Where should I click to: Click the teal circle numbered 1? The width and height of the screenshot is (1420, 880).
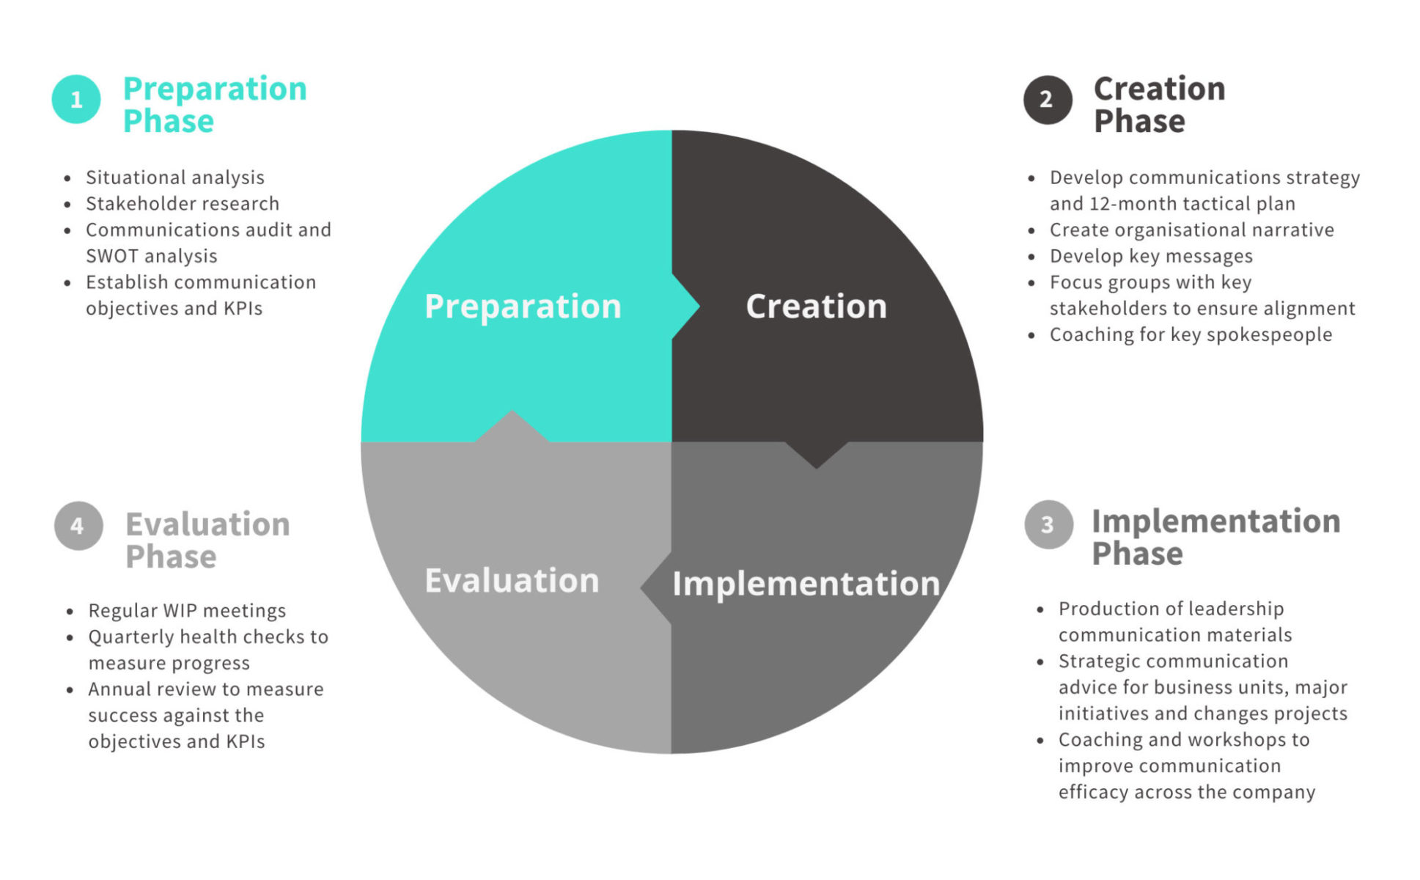tap(76, 99)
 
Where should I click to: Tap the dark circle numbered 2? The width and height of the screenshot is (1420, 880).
tap(1048, 100)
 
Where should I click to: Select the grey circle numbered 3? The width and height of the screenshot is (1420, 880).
tap(1048, 525)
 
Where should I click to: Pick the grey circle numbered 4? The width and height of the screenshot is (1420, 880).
tap(78, 526)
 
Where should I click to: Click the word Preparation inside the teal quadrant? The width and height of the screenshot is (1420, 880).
tap(523, 307)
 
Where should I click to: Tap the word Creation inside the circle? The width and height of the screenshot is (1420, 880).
tap(816, 307)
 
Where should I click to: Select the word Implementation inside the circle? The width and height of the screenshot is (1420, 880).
tap(806, 584)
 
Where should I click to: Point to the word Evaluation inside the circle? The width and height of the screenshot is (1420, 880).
tap(512, 580)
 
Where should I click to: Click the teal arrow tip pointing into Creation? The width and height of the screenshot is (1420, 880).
tap(699, 307)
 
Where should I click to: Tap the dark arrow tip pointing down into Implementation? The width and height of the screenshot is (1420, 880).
tap(816, 467)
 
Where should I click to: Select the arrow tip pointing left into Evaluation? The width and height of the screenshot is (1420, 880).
tap(641, 587)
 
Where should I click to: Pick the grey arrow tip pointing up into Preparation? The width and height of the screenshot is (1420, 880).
tap(512, 411)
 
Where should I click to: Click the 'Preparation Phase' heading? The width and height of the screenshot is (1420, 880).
tap(215, 104)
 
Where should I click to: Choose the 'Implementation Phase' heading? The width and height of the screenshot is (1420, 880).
tap(1215, 537)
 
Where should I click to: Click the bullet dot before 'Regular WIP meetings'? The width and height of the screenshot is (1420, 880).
tap(70, 611)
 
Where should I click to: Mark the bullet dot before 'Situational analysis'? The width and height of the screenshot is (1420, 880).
tap(68, 177)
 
